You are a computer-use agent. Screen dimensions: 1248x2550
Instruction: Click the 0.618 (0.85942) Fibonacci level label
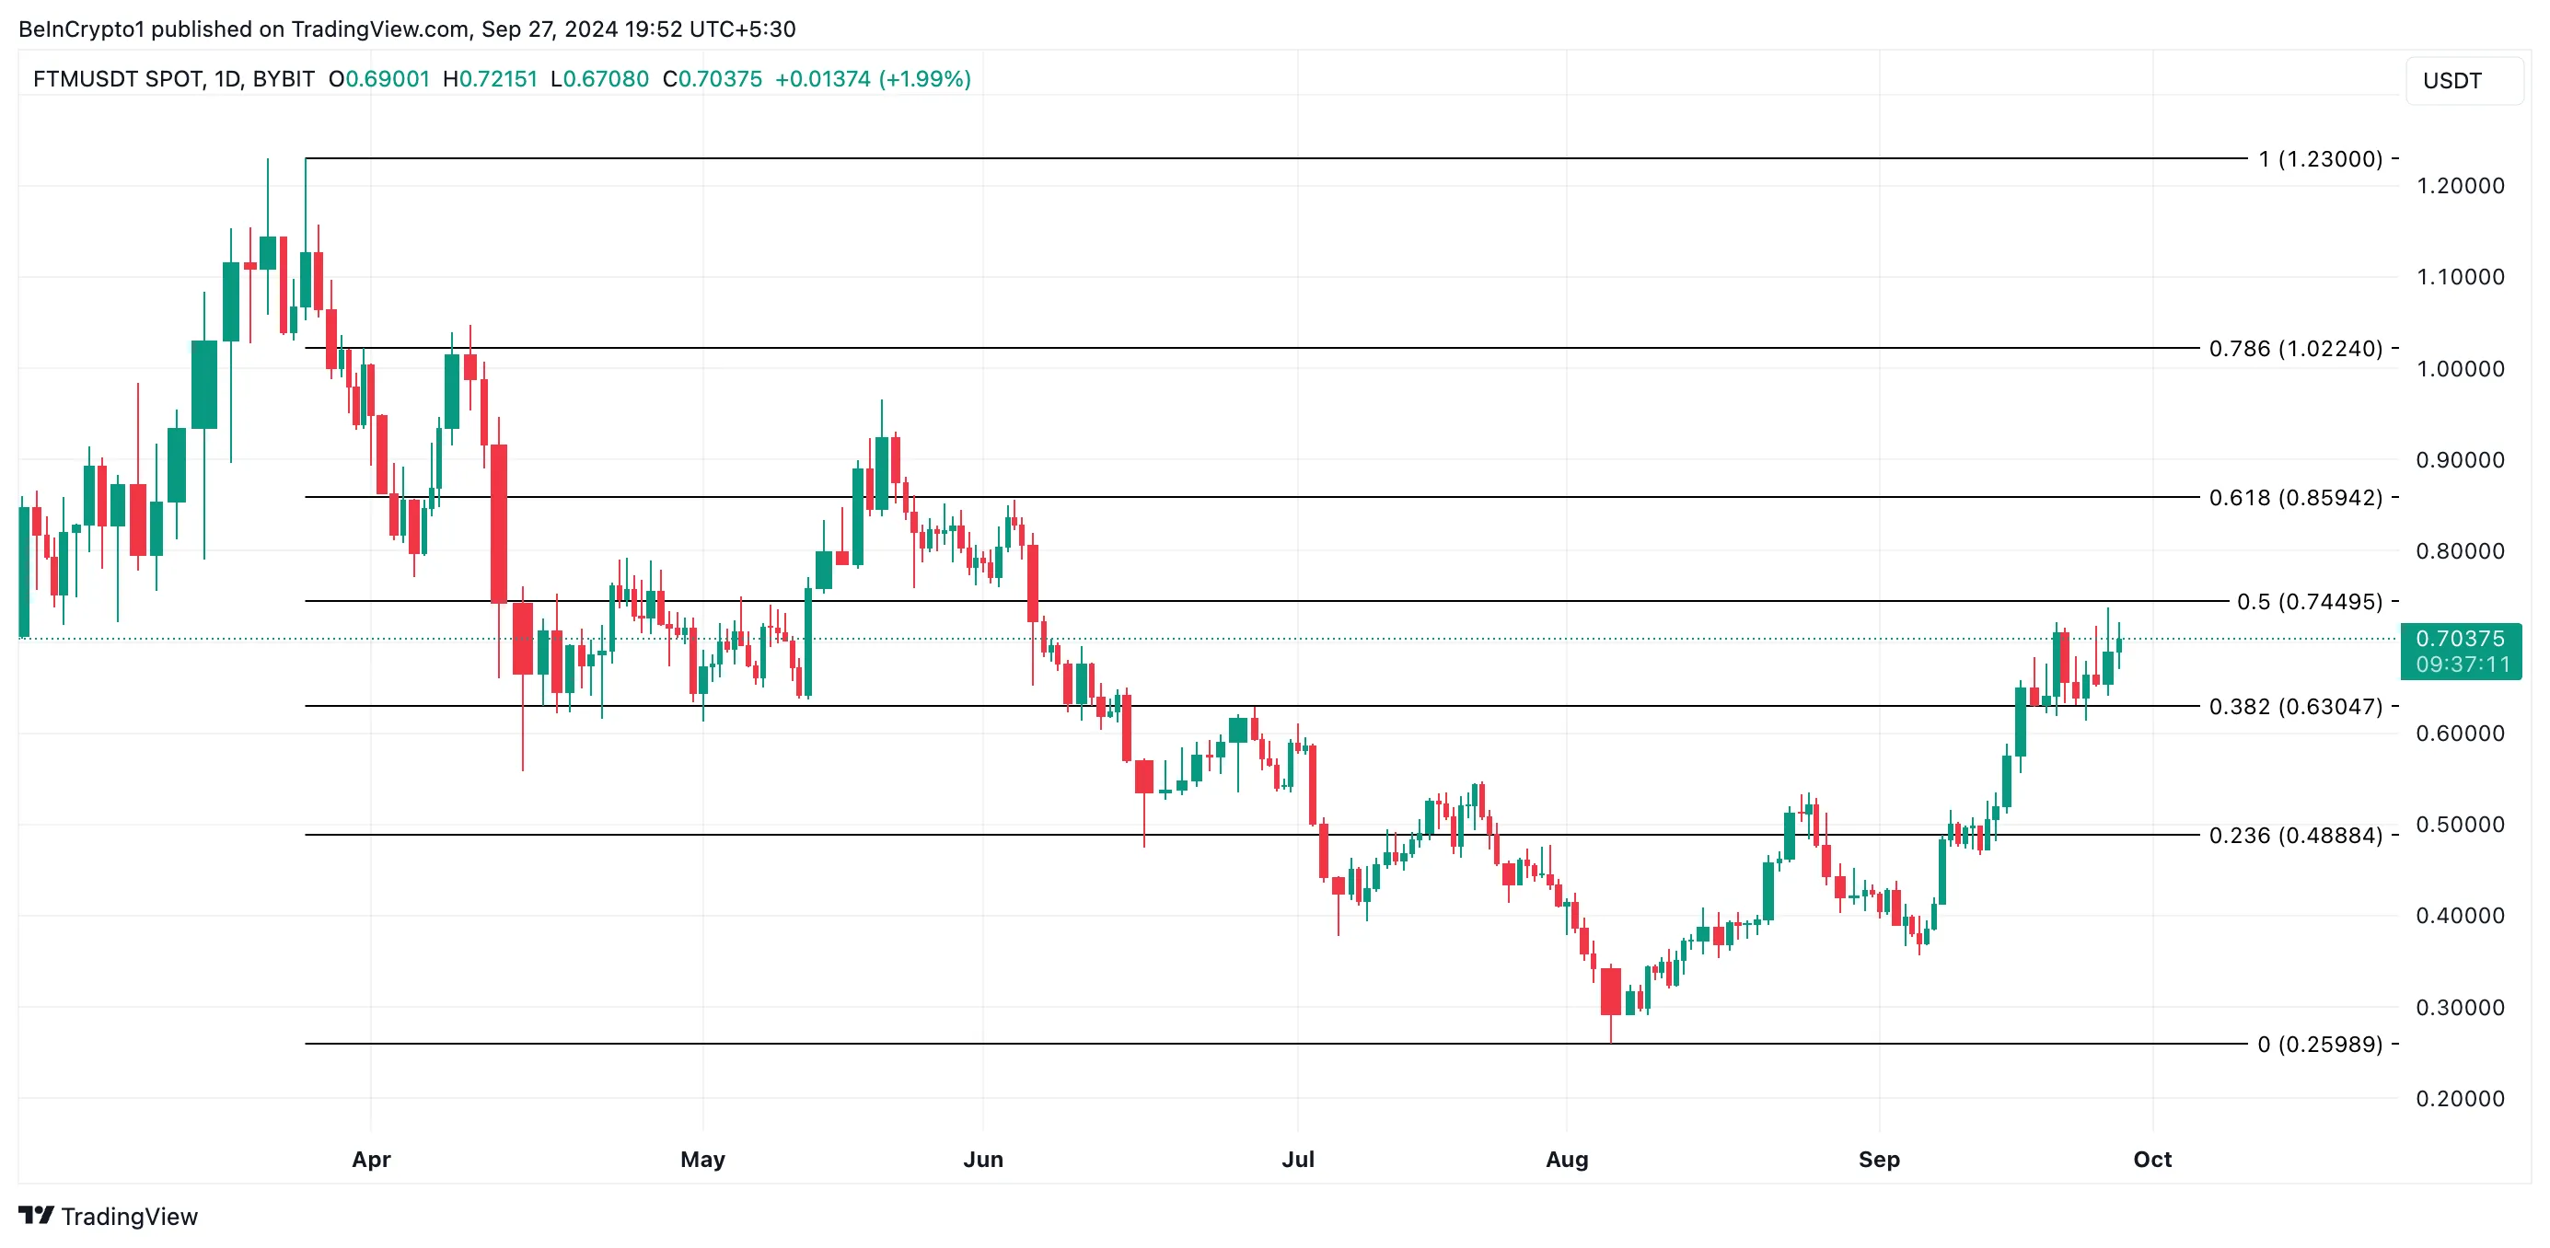click(x=2295, y=497)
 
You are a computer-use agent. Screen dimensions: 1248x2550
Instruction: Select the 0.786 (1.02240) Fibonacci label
click(x=2295, y=349)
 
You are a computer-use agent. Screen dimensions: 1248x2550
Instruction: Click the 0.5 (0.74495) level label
click(x=2309, y=602)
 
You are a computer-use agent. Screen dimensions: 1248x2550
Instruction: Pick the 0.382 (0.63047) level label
click(x=2295, y=707)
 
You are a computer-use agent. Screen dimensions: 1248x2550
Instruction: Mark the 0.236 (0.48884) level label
click(x=2295, y=836)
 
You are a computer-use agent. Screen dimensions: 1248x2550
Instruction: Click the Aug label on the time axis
click(x=1566, y=1159)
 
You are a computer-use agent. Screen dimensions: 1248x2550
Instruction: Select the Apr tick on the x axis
click(x=371, y=1159)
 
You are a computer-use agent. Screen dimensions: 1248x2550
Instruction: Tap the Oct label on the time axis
click(x=2151, y=1159)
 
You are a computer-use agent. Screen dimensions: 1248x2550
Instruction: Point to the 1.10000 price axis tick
click(x=2460, y=277)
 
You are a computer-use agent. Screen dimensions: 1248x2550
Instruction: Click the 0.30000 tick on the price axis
click(x=2460, y=1008)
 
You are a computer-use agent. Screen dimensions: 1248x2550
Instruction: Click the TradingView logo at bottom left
click(x=108, y=1217)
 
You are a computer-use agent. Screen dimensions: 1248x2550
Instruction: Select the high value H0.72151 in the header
click(x=490, y=79)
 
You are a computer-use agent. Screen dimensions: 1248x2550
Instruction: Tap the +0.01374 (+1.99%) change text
click(x=872, y=79)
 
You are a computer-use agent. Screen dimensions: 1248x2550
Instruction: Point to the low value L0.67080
click(x=600, y=79)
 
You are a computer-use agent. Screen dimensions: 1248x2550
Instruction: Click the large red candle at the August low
click(x=1611, y=990)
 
